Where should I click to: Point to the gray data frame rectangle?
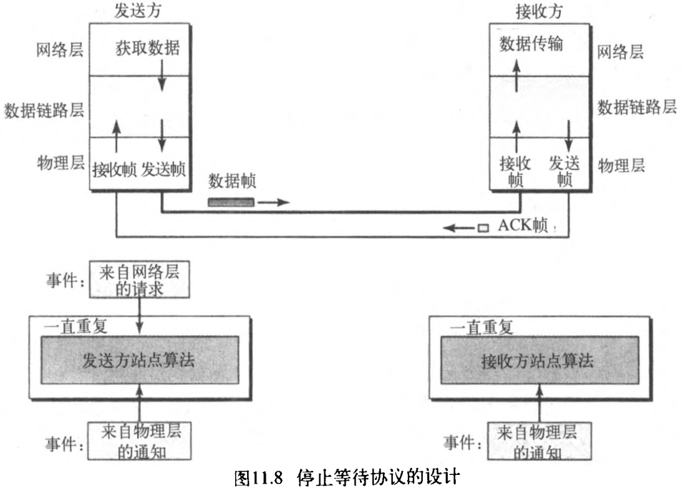click(231, 202)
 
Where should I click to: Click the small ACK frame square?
click(482, 228)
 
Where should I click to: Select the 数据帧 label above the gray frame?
click(231, 182)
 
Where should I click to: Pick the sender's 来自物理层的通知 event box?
click(138, 441)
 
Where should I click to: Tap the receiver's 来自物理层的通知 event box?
click(538, 441)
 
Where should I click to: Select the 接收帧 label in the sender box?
click(115, 168)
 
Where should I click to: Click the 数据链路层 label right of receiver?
click(636, 107)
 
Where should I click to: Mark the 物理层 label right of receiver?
click(621, 166)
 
